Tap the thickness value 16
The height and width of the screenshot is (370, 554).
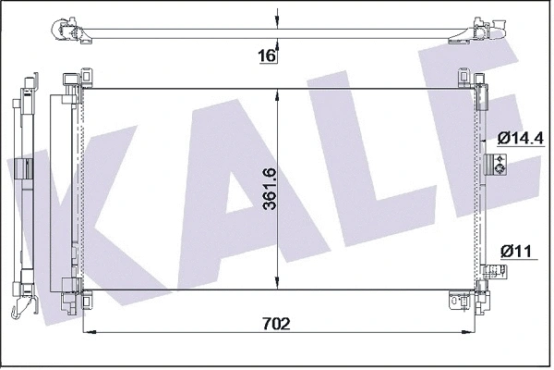(x=266, y=56)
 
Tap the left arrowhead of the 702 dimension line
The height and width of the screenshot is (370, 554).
(x=88, y=331)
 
